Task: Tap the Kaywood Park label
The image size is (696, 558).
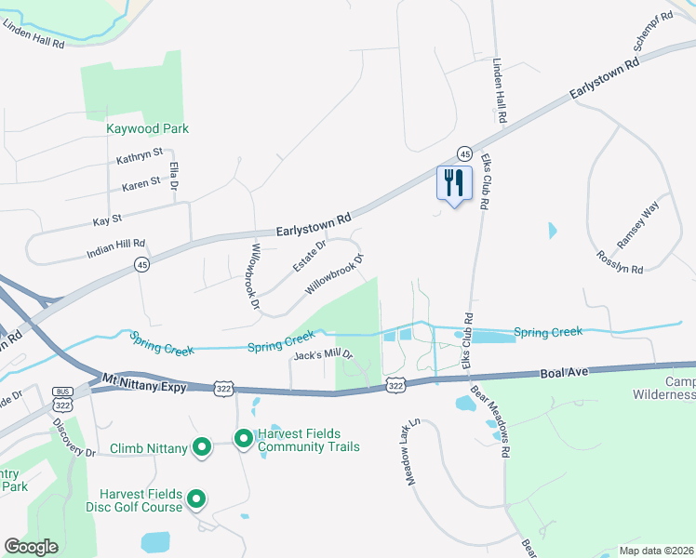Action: [147, 128]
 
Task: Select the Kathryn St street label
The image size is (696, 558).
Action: [140, 156]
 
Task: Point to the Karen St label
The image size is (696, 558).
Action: [141, 185]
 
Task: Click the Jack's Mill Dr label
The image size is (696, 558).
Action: [323, 355]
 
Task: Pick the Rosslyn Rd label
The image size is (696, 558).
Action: [620, 262]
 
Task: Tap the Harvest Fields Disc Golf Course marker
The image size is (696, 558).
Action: [196, 500]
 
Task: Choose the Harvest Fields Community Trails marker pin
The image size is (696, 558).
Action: [243, 437]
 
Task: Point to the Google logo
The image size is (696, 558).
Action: [31, 547]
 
